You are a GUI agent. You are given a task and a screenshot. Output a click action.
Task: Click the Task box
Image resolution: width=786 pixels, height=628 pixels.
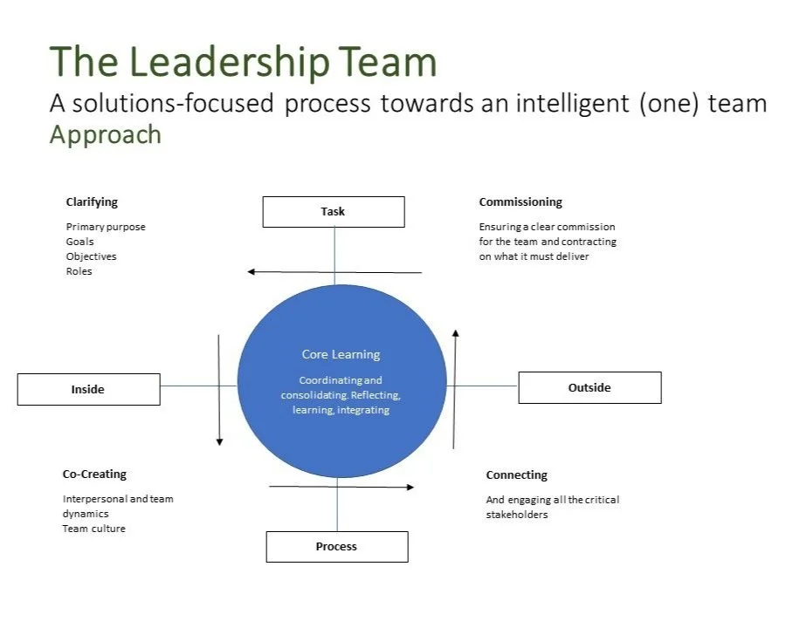coord(333,212)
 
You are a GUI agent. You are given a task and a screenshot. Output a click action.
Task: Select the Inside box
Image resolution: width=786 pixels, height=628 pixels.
coord(88,389)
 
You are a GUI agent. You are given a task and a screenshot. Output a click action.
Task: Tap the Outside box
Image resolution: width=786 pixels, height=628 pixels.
coord(589,387)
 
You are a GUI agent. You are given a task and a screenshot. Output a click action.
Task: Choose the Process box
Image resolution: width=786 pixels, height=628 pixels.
coord(336,547)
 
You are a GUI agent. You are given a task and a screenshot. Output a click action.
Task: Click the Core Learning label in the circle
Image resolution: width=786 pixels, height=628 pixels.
coord(341,354)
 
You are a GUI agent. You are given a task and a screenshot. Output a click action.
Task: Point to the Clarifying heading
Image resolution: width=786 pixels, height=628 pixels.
coord(92,201)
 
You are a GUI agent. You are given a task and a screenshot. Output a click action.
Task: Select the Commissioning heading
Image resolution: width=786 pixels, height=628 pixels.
coord(521,201)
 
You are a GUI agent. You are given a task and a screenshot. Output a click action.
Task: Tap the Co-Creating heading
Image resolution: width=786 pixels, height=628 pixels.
coord(94,474)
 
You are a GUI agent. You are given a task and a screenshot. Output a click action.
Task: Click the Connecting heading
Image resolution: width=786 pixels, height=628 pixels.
coord(517,474)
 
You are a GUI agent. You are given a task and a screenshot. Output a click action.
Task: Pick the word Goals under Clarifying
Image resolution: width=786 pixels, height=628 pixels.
coord(79,242)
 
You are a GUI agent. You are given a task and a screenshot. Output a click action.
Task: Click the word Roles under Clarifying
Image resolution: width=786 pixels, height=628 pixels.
coord(79,271)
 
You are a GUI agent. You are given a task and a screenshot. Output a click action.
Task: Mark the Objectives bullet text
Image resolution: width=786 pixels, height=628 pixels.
coord(91,256)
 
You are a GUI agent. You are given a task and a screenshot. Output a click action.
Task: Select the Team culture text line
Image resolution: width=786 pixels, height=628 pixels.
coord(93,529)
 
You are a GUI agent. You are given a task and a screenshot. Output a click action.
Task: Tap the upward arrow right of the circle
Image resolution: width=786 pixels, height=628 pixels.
coord(454,388)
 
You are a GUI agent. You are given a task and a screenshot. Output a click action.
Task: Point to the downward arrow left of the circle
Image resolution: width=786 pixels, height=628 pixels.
coord(219,389)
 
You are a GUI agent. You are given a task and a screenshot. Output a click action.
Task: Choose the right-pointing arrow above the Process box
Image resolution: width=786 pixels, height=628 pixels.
coord(341,487)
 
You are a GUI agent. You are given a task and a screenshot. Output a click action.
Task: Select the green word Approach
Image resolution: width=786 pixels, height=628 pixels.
coord(106,134)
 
